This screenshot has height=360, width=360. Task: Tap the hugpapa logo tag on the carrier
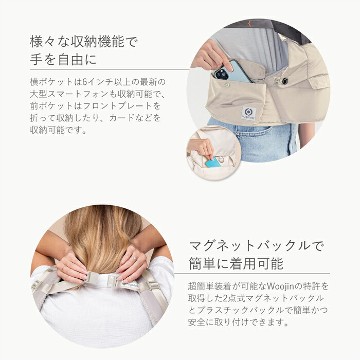249,112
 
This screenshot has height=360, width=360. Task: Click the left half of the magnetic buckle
94,278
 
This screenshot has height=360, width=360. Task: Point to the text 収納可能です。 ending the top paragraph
53,130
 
